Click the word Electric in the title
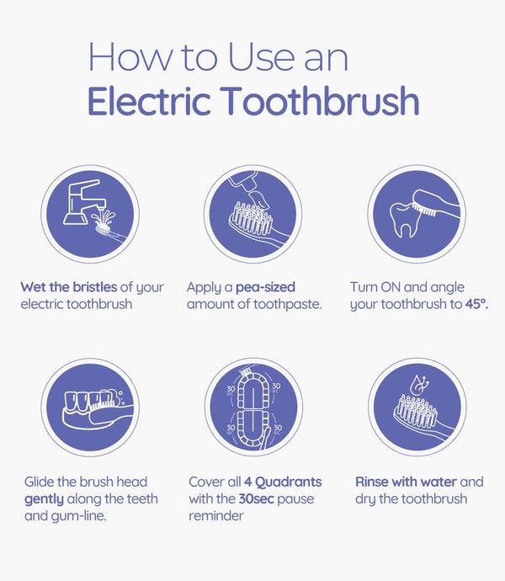(x=149, y=101)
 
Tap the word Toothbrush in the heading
(x=322, y=101)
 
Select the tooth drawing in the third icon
(x=405, y=220)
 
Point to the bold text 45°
(x=476, y=304)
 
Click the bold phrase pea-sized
(x=265, y=287)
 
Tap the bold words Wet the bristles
(x=69, y=287)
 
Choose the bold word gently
(x=44, y=499)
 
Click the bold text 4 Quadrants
(x=283, y=482)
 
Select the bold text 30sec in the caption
(x=257, y=498)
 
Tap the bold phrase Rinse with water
(x=406, y=482)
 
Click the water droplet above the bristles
(x=418, y=385)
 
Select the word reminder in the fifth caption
(x=216, y=516)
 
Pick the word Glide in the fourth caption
(x=40, y=482)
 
